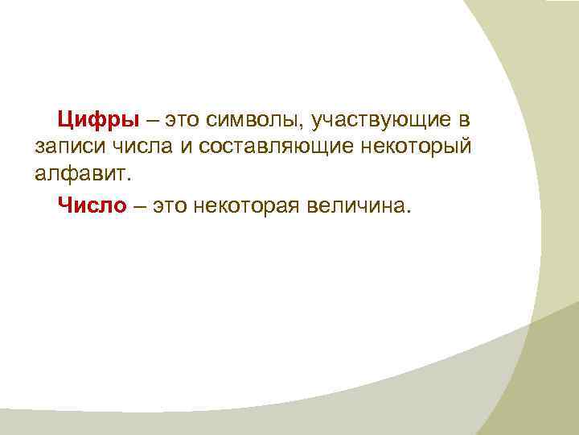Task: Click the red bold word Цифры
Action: click(98, 121)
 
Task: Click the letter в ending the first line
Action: click(464, 122)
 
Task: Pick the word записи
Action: click(65, 150)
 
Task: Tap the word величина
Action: click(357, 206)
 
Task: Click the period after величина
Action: click(409, 213)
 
